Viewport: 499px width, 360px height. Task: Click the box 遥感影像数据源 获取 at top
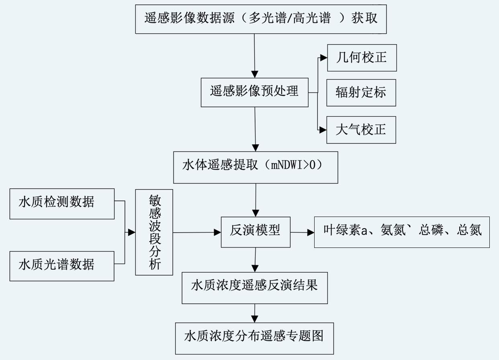[261, 19]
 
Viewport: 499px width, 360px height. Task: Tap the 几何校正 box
[362, 57]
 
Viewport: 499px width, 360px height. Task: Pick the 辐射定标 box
[361, 92]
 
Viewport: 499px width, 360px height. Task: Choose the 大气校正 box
[361, 130]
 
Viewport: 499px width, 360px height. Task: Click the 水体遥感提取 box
[256, 167]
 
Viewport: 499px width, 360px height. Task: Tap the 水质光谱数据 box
[62, 265]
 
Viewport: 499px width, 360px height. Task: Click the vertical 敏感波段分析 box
[154, 232]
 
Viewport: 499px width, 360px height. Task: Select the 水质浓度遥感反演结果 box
[255, 286]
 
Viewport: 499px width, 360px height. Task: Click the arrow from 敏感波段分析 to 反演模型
[197, 232]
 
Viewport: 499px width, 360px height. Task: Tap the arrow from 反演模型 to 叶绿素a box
[302, 232]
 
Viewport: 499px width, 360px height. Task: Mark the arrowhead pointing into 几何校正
[324, 58]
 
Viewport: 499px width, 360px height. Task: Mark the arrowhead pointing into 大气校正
[323, 130]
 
